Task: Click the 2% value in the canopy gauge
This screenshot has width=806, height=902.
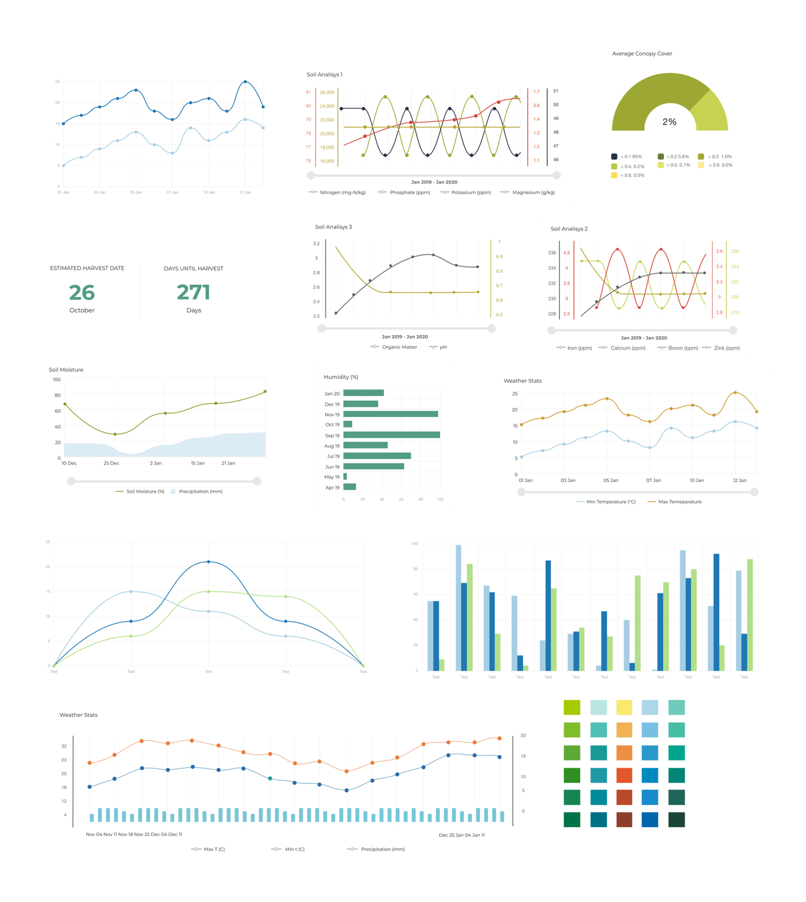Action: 669,122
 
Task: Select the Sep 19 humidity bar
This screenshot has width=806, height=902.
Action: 391,435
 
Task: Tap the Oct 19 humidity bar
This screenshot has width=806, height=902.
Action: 348,424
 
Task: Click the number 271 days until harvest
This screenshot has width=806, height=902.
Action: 193,293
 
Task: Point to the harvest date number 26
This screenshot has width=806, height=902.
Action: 82,293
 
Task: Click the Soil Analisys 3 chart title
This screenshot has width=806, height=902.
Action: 333,227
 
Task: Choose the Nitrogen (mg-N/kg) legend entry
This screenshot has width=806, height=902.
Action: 342,192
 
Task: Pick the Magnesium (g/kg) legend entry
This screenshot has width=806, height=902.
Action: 533,192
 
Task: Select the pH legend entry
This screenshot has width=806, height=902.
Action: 442,347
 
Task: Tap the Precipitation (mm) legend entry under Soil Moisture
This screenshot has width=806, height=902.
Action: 200,491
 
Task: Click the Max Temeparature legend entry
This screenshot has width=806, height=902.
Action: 679,502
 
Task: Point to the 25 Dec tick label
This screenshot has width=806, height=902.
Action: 111,463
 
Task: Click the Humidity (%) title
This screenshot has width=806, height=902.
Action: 341,377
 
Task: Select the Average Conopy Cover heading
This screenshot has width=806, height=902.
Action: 642,54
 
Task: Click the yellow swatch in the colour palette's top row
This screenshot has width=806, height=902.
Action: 624,707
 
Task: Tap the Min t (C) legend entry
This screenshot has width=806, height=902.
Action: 294,849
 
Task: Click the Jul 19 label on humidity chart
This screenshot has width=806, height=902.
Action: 333,457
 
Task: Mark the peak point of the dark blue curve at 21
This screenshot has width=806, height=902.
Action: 209,562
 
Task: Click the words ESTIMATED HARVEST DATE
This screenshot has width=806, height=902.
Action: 87,268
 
